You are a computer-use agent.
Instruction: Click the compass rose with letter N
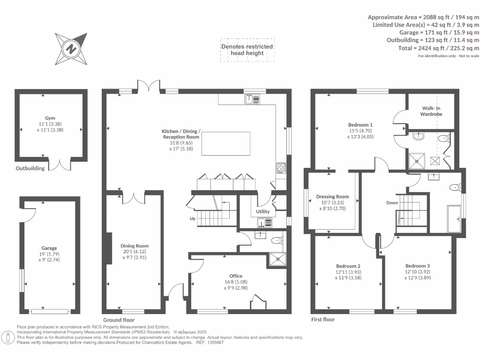(x=71, y=48)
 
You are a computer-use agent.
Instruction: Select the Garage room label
(x=49, y=248)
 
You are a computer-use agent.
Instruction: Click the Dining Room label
(x=135, y=246)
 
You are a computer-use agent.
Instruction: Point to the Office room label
(x=236, y=276)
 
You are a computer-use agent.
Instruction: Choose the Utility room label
(x=263, y=212)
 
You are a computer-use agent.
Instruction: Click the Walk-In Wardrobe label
(x=431, y=111)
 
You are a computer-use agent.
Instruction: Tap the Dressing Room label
(x=332, y=197)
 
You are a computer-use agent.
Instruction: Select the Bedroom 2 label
(x=348, y=266)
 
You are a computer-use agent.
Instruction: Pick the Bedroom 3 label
(x=417, y=266)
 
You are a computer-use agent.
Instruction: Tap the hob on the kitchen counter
(x=281, y=167)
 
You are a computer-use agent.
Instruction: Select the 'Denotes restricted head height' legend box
(x=247, y=50)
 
